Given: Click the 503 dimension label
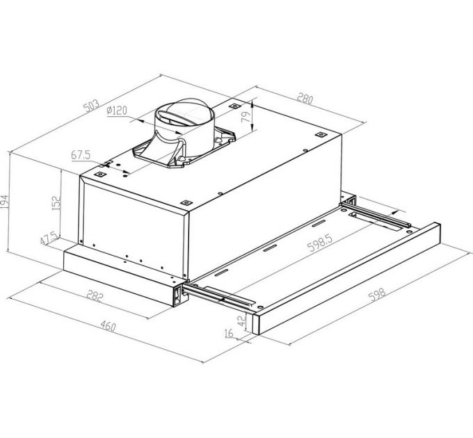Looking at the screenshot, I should tap(90, 106).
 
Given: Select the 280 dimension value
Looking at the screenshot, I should tap(303, 99).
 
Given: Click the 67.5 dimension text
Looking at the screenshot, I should tap(83, 154).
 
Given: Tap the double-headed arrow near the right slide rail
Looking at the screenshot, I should tap(379, 209).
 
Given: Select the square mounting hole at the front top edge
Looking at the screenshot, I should tap(186, 203).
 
